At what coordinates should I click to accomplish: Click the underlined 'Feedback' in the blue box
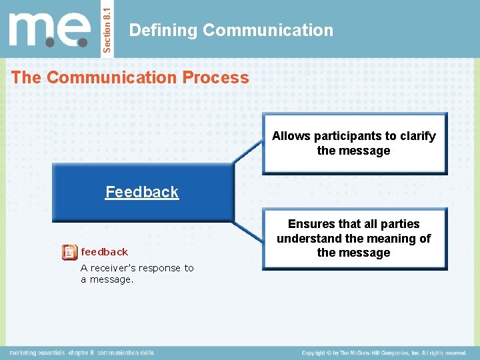coord(142,192)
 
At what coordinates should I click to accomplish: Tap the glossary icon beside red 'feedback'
coord(68,252)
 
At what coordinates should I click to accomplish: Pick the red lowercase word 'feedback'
coord(104,252)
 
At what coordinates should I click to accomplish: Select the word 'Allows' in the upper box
coord(291,136)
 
